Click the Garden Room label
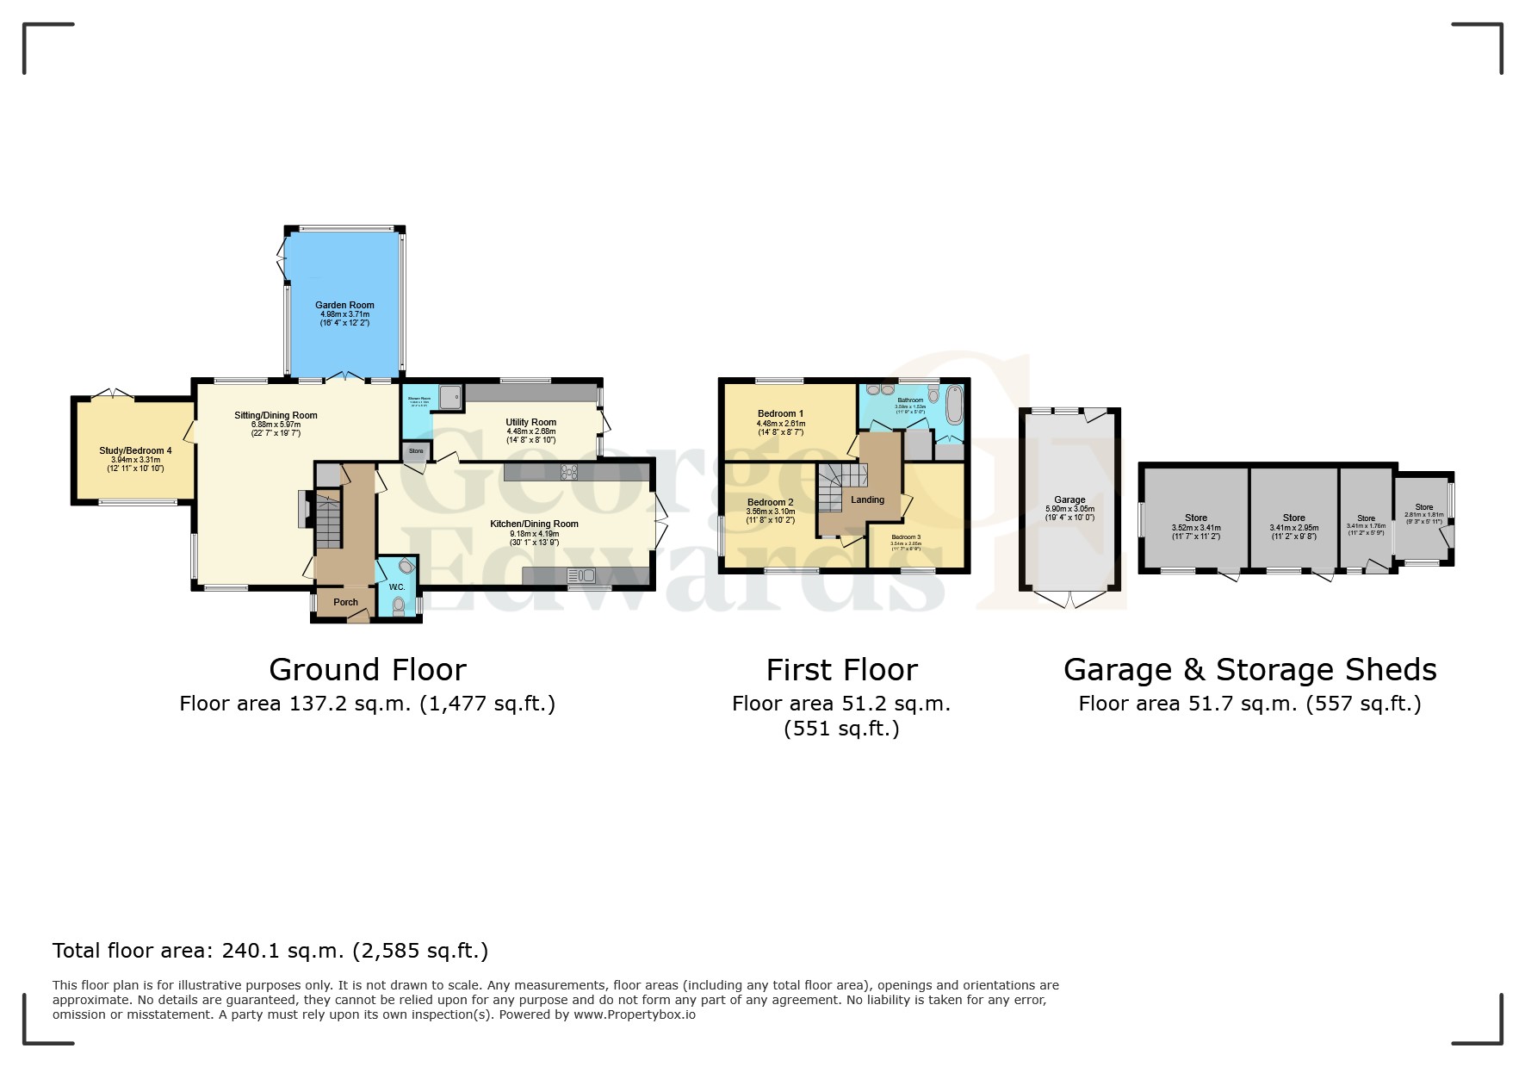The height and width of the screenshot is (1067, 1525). pyautogui.click(x=344, y=305)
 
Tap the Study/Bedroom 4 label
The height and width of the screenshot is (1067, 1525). pyautogui.click(x=135, y=450)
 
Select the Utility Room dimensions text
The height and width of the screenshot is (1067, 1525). pyautogui.click(x=530, y=436)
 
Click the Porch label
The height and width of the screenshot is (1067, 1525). pyautogui.click(x=345, y=602)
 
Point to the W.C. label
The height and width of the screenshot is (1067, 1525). pyautogui.click(x=396, y=587)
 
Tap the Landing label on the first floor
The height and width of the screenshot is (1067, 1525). pyautogui.click(x=867, y=499)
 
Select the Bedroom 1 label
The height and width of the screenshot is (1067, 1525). pyautogui.click(x=780, y=413)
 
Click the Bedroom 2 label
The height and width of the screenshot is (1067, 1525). pyautogui.click(x=770, y=502)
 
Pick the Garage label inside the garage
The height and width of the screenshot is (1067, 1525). pyautogui.click(x=1069, y=499)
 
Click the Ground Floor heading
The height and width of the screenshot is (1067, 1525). pyautogui.click(x=368, y=669)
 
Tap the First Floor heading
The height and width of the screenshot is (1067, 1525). pyautogui.click(x=841, y=669)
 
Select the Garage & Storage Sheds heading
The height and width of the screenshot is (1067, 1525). pyautogui.click(x=1249, y=669)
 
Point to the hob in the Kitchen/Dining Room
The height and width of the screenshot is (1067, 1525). pyautogui.click(x=569, y=471)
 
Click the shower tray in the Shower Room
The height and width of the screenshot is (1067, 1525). pyautogui.click(x=449, y=397)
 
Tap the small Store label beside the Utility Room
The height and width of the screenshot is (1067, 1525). pyautogui.click(x=416, y=451)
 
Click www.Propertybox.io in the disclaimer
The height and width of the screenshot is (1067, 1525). pyautogui.click(x=634, y=1014)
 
